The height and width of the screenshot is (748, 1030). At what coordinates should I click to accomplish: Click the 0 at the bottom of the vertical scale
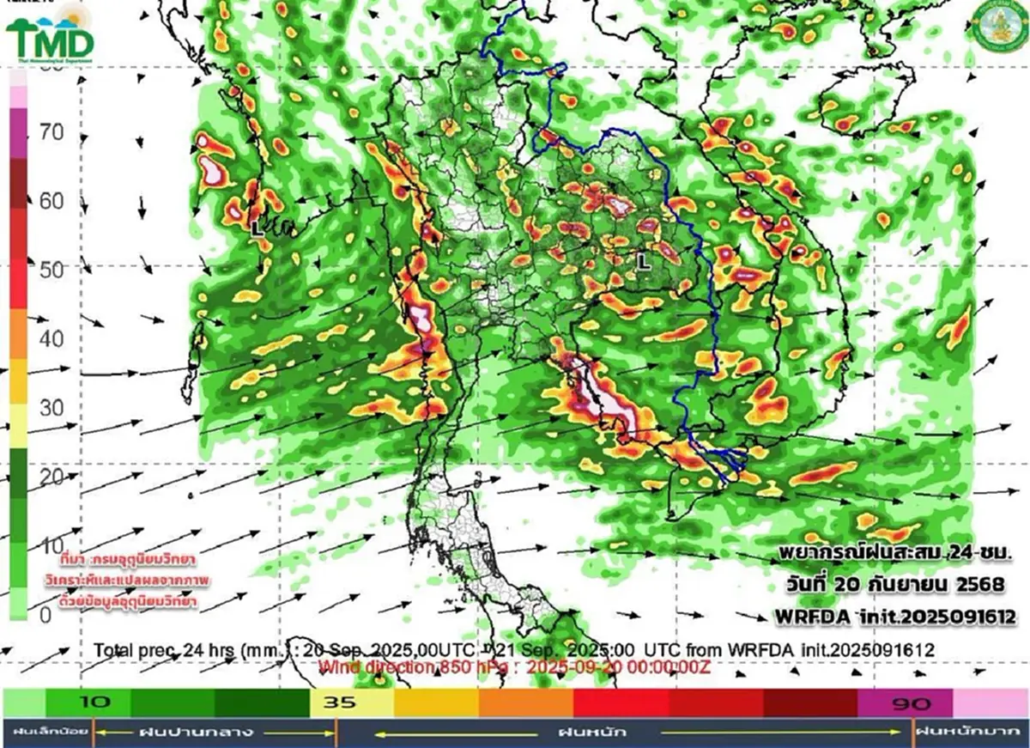click(46, 614)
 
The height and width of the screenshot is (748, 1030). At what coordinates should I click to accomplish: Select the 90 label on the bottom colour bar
click(910, 703)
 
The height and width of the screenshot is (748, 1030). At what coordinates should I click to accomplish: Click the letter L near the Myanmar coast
click(256, 229)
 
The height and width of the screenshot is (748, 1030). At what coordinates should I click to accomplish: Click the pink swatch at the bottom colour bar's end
click(991, 702)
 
